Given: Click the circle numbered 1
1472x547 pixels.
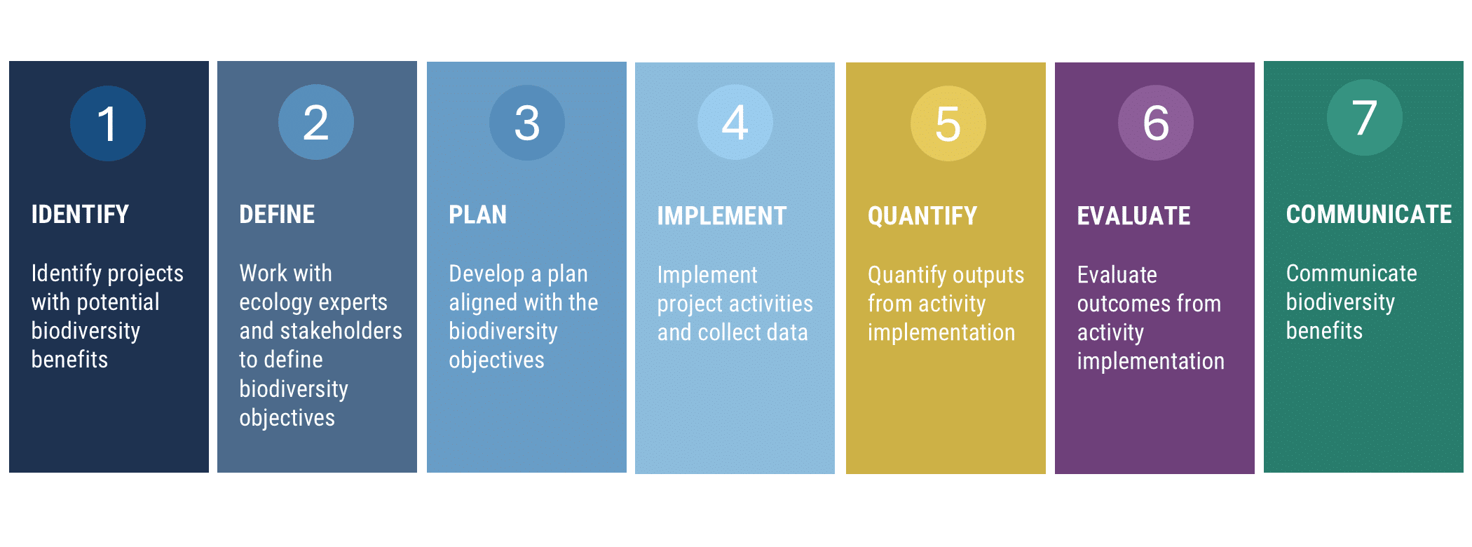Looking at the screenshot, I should pos(108,123).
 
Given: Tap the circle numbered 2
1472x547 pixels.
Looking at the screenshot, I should pos(316,122).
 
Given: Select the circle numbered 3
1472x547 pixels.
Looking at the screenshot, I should pos(527,123).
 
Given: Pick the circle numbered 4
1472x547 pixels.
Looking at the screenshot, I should pos(735,122).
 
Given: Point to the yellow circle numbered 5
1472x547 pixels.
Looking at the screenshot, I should pos(948,123).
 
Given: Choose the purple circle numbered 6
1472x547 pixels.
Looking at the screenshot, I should pos(1156,123).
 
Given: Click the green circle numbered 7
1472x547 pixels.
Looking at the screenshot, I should pos(1365,118).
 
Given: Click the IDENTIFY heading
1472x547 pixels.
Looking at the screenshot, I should pos(80,215).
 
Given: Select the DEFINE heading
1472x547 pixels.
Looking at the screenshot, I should pos(277,215).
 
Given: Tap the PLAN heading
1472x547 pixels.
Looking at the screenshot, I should pos(477,215).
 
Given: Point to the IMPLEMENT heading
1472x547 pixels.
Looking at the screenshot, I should pos(722,216).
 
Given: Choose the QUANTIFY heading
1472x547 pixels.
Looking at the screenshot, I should pos(922,216).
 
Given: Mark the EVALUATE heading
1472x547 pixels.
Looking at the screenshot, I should pos(1133,216).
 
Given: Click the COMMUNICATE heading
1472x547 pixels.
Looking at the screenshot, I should pos(1369,215).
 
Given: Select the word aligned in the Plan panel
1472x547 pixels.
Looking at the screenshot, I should pos(483,303).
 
